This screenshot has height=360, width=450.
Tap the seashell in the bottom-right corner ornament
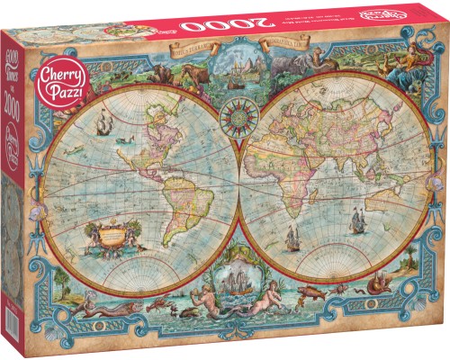(410, 274)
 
